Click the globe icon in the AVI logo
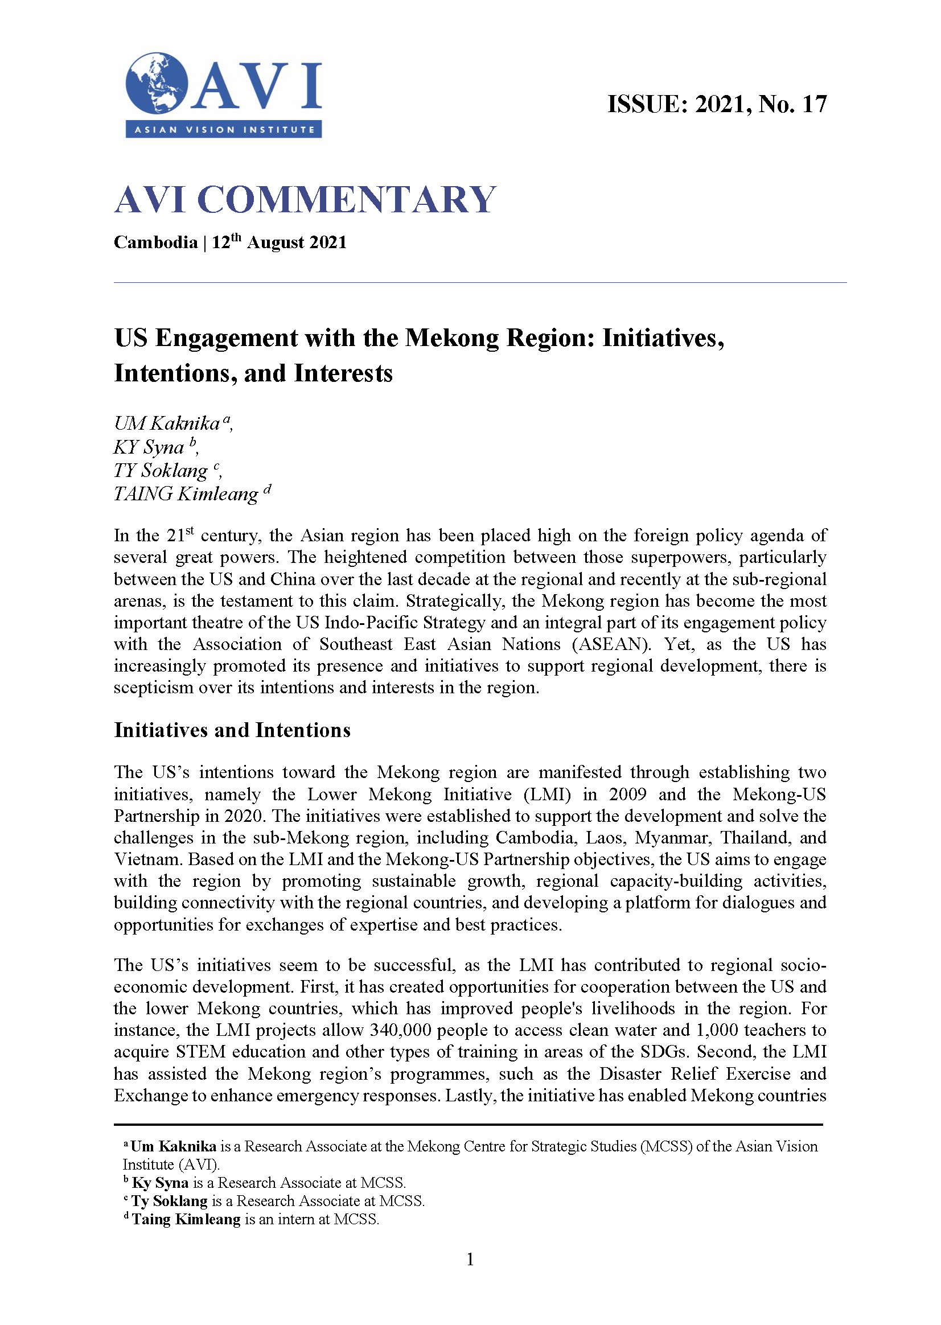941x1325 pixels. tap(157, 84)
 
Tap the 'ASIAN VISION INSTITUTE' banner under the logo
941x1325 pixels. tap(224, 130)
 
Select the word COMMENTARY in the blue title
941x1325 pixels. tap(347, 200)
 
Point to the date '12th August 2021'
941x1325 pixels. tap(280, 242)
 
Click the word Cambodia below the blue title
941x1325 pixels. tap(155, 242)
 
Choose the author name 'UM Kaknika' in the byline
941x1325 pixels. tap(167, 423)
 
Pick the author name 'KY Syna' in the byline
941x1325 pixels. tap(149, 447)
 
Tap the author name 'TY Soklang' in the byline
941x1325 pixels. tap(161, 471)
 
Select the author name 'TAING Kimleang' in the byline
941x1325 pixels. tap(186, 494)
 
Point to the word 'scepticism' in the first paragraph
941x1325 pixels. tap(153, 688)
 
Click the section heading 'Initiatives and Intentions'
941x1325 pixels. tap(232, 730)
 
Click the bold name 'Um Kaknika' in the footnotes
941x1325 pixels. tap(173, 1146)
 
